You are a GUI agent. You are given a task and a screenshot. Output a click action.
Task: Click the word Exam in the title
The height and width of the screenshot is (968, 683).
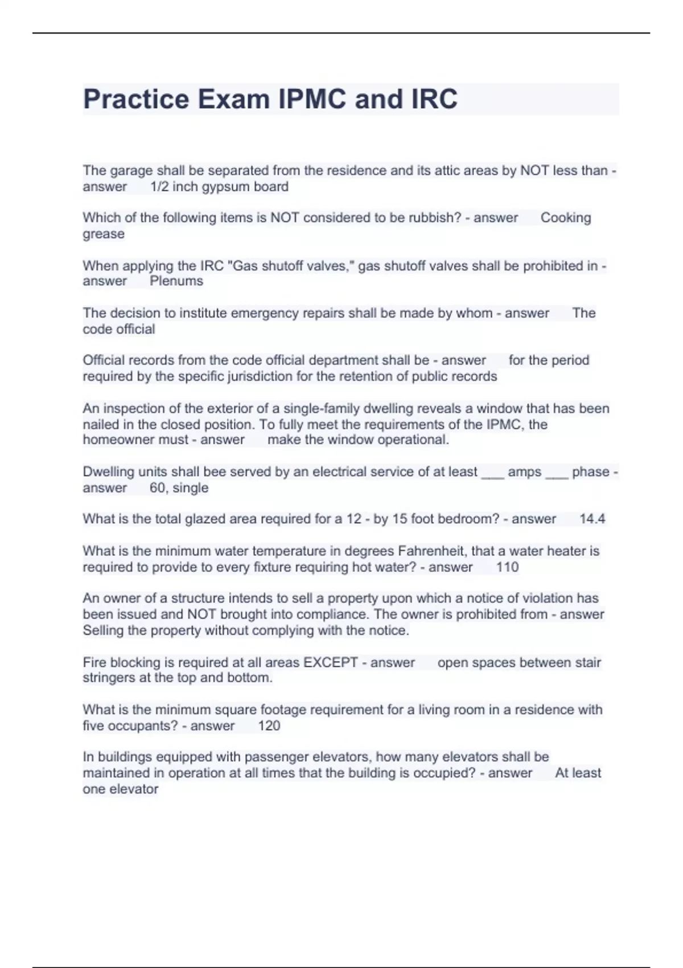coord(233,99)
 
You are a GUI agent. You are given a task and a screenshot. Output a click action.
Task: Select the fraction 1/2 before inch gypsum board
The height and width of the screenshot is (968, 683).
coord(159,187)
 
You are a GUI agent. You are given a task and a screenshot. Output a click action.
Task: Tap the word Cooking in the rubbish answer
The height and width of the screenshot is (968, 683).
coord(565,218)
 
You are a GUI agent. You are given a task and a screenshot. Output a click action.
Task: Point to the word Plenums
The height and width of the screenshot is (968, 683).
coord(176,281)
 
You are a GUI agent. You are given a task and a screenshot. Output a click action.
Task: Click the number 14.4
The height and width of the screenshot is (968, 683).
coord(592,519)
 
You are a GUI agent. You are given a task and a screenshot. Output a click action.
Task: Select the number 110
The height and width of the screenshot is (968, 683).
coord(507,567)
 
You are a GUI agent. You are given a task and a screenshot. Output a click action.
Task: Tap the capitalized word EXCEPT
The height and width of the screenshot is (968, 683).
coord(331,663)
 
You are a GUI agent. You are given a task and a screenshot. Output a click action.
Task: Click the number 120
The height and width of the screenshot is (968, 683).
coord(269,726)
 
